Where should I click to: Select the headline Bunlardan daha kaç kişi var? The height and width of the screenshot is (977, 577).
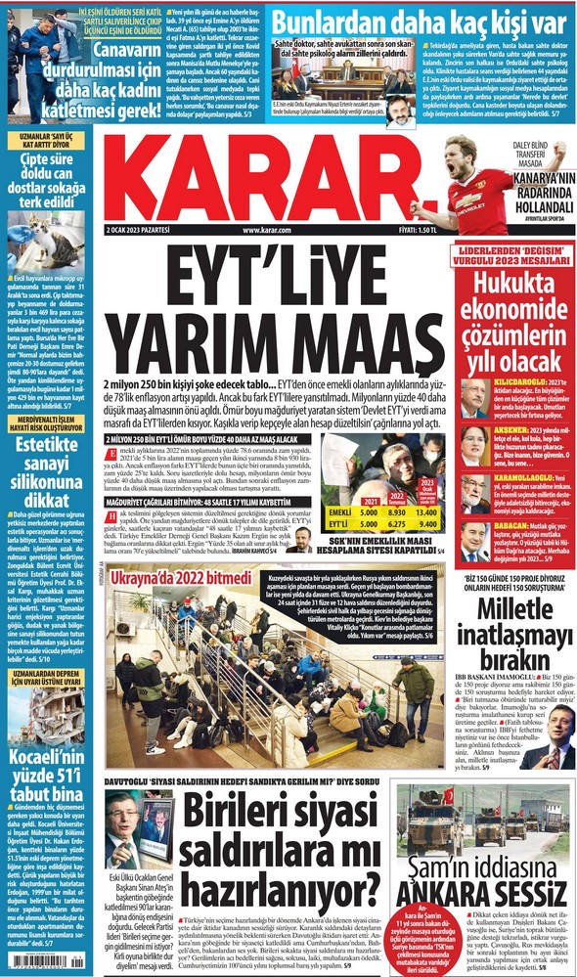coord(419,21)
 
